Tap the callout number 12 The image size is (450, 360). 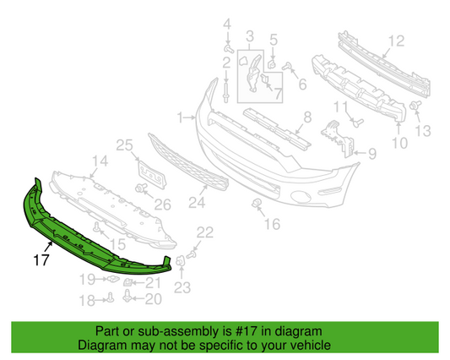tap(396, 40)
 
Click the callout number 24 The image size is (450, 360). tap(196, 202)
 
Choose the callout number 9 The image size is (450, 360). tap(371, 154)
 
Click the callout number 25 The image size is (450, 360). tap(124, 146)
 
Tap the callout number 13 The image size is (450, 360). tap(423, 130)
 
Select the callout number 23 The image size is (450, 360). tap(183, 286)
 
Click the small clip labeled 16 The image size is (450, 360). tap(254, 205)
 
